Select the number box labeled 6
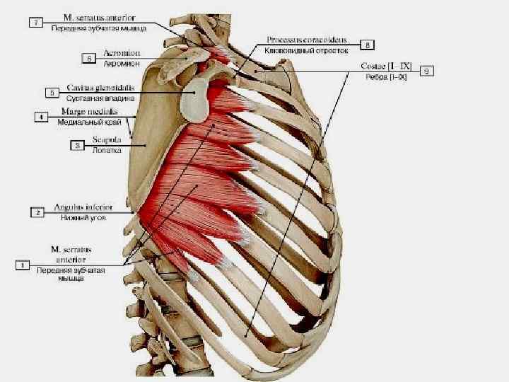(x=90, y=59)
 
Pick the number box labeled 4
(x=42, y=117)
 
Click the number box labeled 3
(x=76, y=145)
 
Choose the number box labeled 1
(x=23, y=265)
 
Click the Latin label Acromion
(x=122, y=53)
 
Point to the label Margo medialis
(x=89, y=112)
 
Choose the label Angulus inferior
(x=83, y=208)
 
